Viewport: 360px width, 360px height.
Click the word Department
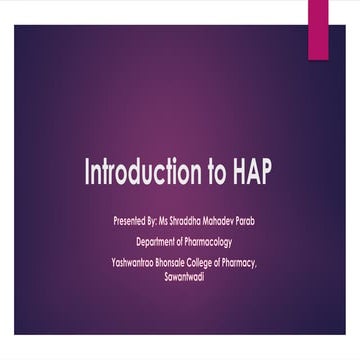click(160, 241)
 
